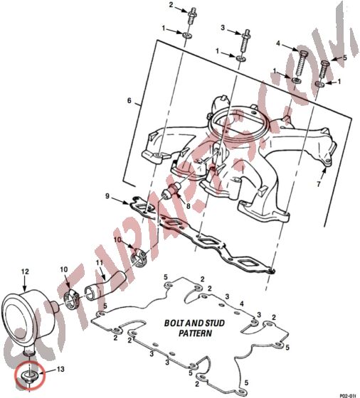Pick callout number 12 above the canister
[24, 271]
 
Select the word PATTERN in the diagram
[194, 333]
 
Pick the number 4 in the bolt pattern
[241, 303]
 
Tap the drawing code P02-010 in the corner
[349, 394]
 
